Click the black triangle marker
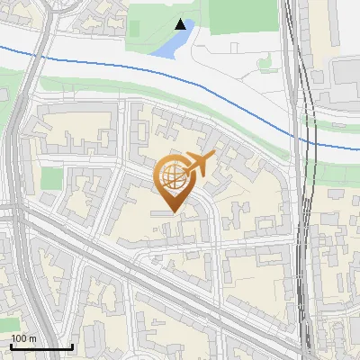click(x=181, y=24)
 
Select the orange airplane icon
click(x=200, y=163)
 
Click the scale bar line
click(x=41, y=346)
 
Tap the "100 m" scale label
click(x=24, y=338)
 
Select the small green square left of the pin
click(x=51, y=178)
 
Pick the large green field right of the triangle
click(x=243, y=16)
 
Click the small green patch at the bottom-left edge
click(x=8, y=323)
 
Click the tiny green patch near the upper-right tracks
click(x=265, y=64)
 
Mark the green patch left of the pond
click(x=135, y=27)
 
